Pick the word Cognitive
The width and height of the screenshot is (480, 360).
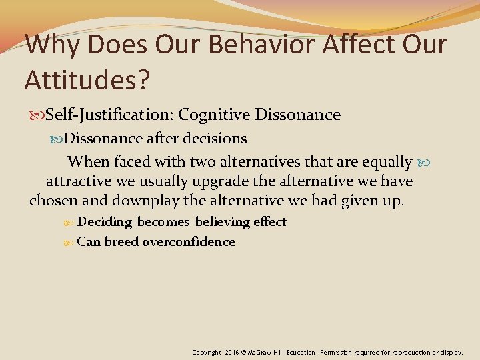click(221, 115)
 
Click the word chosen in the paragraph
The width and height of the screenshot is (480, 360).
click(53, 201)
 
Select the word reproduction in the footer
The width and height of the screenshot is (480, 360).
click(415, 351)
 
